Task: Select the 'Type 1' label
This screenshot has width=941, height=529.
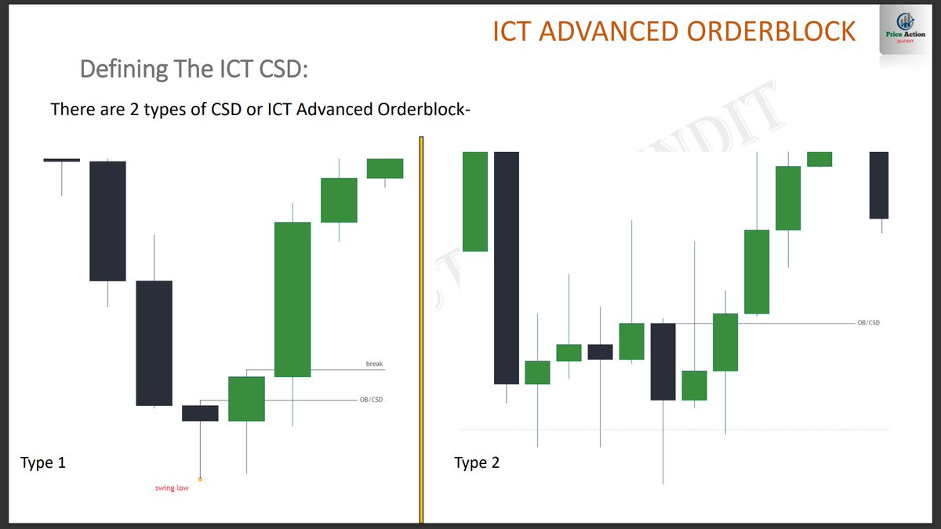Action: point(43,462)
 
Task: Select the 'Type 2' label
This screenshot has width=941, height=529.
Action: point(477,462)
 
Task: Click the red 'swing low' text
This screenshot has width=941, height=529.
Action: point(171,488)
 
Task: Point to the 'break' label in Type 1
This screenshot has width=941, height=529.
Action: point(375,364)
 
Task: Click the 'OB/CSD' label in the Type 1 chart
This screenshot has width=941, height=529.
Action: point(371,400)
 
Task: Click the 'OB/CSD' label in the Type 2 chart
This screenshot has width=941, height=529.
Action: point(868,323)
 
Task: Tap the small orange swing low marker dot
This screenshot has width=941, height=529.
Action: point(200,479)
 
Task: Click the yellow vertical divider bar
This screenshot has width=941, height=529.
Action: point(421,329)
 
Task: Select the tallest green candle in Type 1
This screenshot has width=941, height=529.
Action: point(292,299)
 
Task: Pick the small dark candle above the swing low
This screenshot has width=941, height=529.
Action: point(200,413)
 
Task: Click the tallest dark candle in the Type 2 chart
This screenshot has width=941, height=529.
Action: point(507,266)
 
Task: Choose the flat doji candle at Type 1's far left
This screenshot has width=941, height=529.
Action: point(61,160)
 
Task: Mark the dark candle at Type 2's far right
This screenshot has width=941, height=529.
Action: point(879,185)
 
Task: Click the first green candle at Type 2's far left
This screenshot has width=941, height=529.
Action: point(475,201)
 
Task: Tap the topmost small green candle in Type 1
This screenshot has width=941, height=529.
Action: point(385,168)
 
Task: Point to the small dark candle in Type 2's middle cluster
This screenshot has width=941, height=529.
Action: point(601,352)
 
